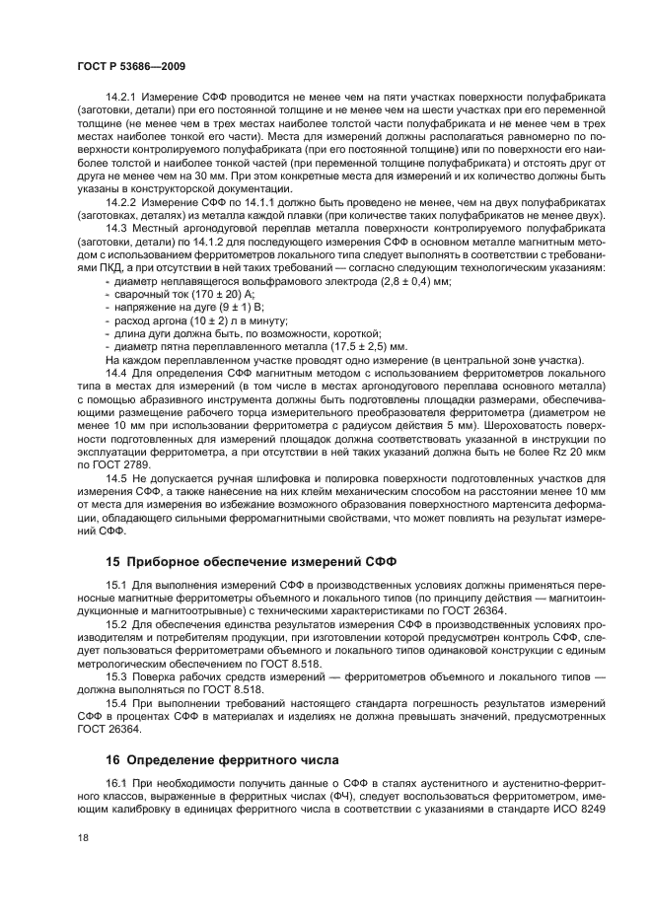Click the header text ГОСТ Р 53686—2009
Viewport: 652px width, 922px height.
pos(126,65)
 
